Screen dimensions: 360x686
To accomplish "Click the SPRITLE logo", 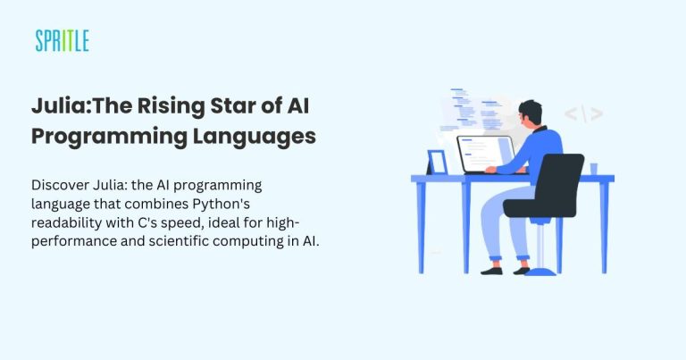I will pyautogui.click(x=63, y=40).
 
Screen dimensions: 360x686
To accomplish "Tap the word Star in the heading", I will pyautogui.click(x=232, y=106).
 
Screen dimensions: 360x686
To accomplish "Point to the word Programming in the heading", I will pyautogui.click(x=100, y=137).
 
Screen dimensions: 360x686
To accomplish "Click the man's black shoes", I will pyautogui.click(x=494, y=268).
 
